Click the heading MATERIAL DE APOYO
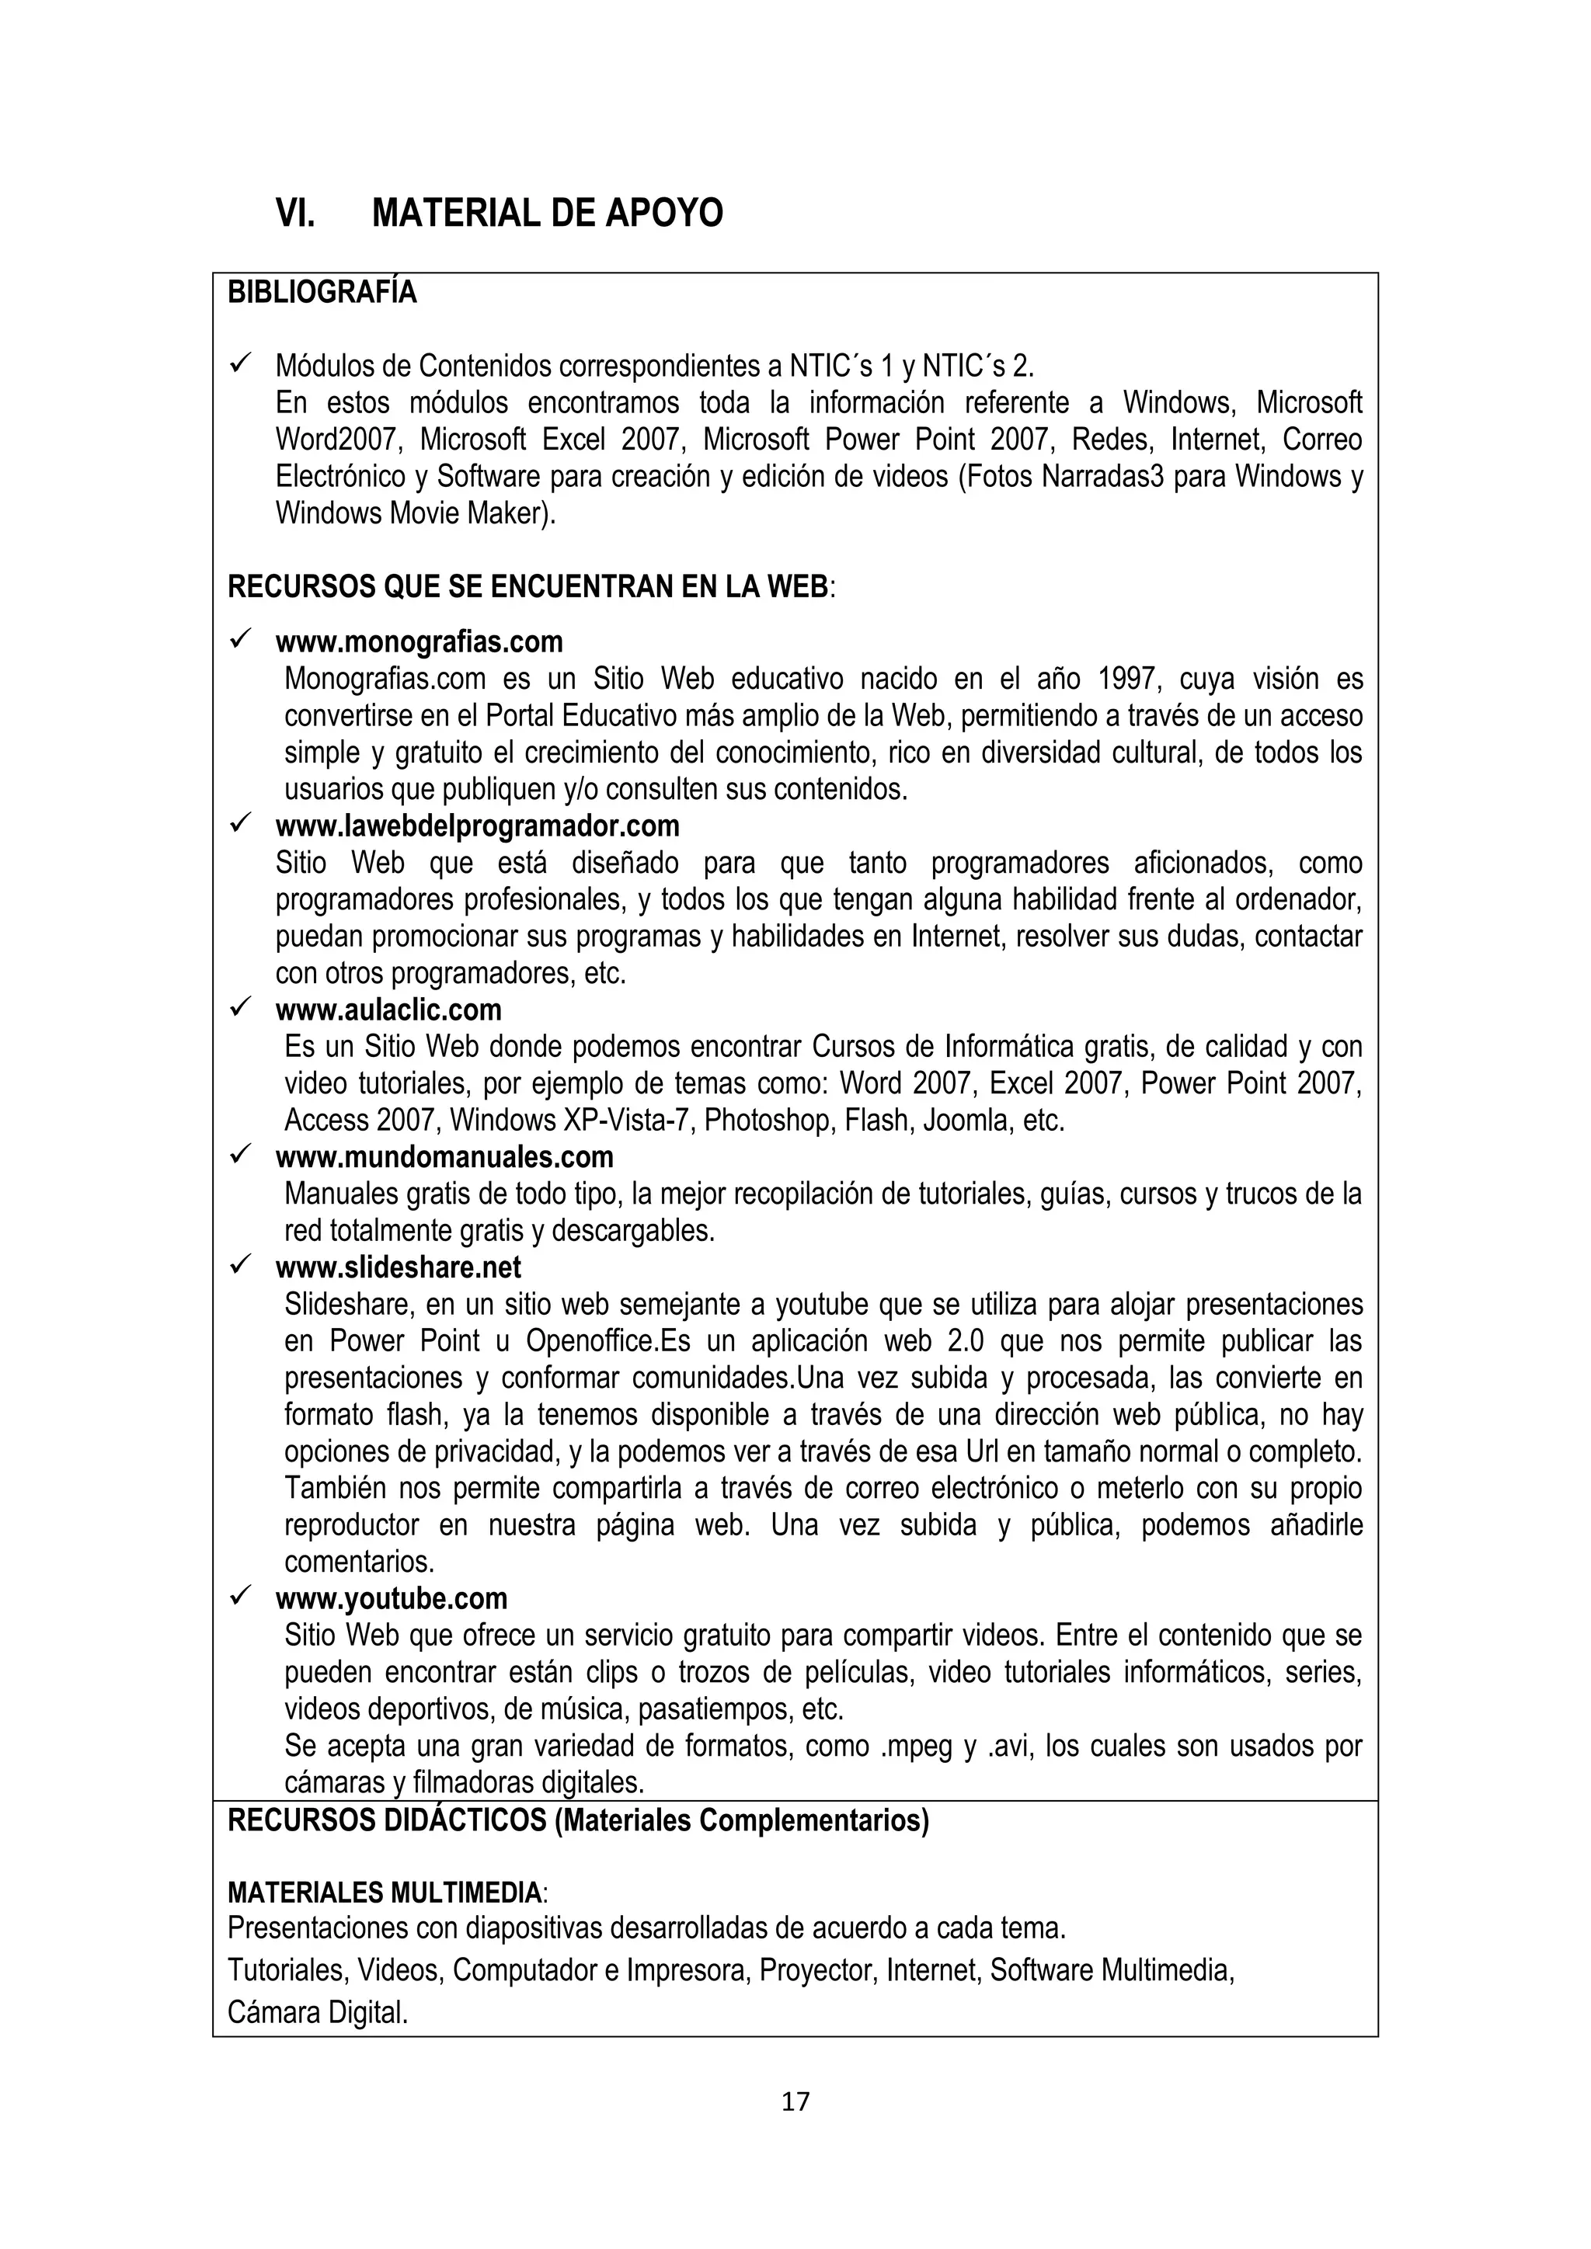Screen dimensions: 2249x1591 (547, 213)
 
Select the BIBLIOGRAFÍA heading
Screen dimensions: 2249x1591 (322, 293)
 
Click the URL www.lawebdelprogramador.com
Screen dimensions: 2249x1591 (477, 826)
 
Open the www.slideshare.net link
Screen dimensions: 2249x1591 (398, 1267)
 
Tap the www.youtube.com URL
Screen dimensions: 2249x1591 (391, 1598)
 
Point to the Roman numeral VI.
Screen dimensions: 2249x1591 (295, 213)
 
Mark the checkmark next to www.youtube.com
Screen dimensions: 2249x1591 (240, 1596)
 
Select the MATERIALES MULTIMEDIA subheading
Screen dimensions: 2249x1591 (384, 1892)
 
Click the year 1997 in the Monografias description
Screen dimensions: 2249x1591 (1126, 679)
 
